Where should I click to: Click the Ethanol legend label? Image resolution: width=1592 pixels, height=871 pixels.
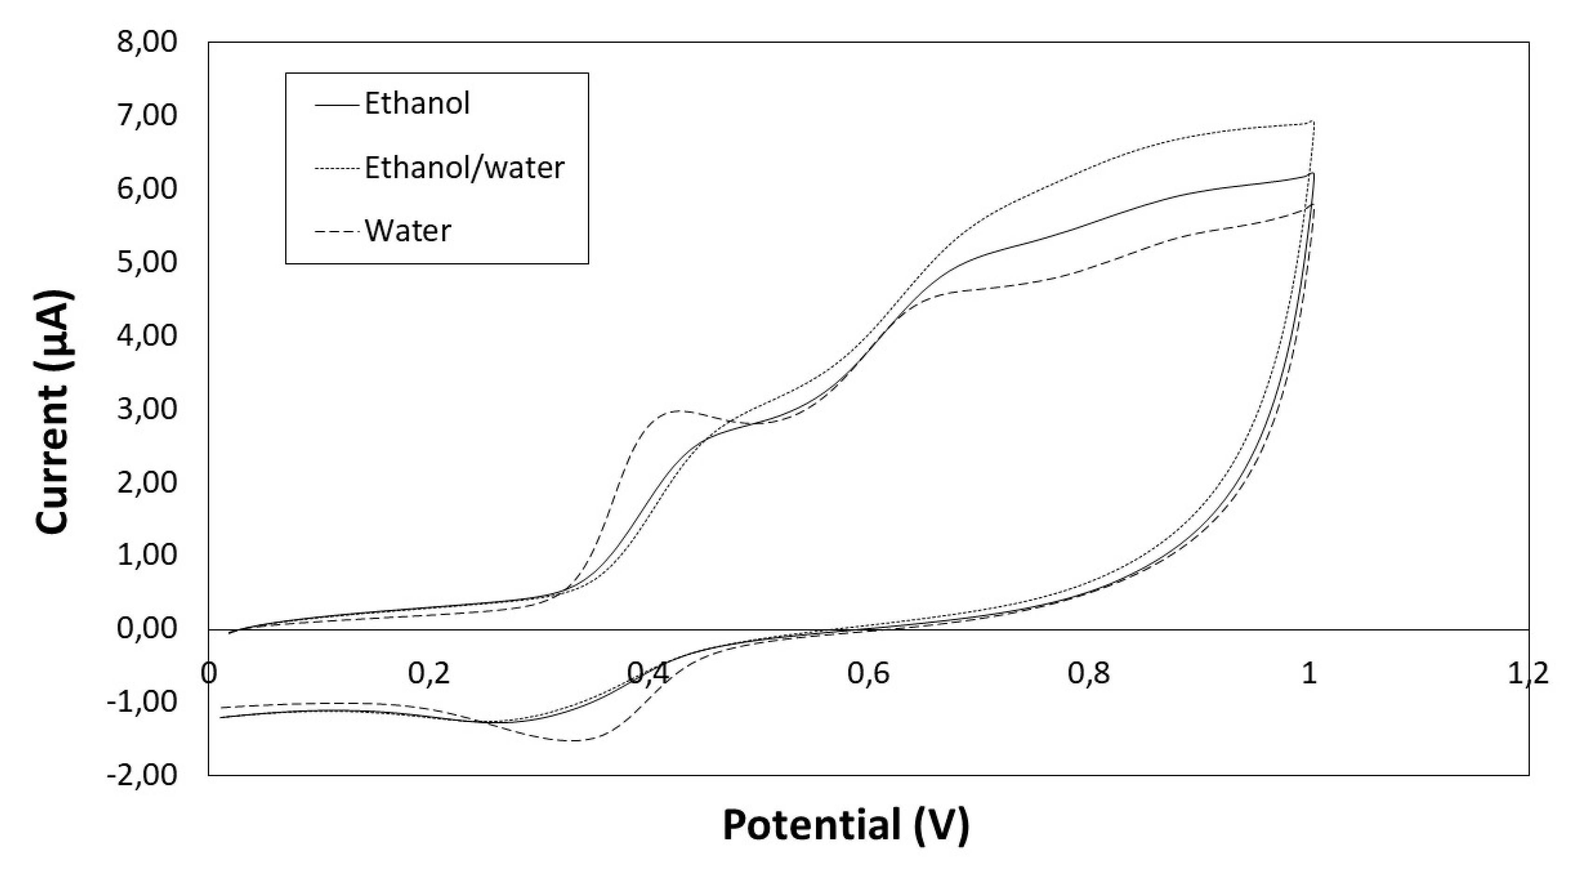click(417, 103)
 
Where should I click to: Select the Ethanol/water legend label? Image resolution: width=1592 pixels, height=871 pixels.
click(464, 168)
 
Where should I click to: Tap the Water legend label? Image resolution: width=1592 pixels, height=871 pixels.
click(408, 230)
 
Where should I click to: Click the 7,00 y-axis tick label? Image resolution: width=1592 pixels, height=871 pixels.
click(147, 115)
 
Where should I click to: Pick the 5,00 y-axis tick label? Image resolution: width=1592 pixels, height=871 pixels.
click(147, 262)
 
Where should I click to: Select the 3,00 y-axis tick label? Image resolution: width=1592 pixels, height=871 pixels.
click(147, 409)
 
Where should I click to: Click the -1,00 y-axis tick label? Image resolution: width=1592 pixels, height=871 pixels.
click(142, 702)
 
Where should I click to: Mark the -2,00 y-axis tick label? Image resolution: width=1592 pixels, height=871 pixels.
click(142, 775)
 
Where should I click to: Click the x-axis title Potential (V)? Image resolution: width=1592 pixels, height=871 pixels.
click(846, 825)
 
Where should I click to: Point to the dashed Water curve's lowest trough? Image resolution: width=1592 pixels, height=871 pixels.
click(575, 740)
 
